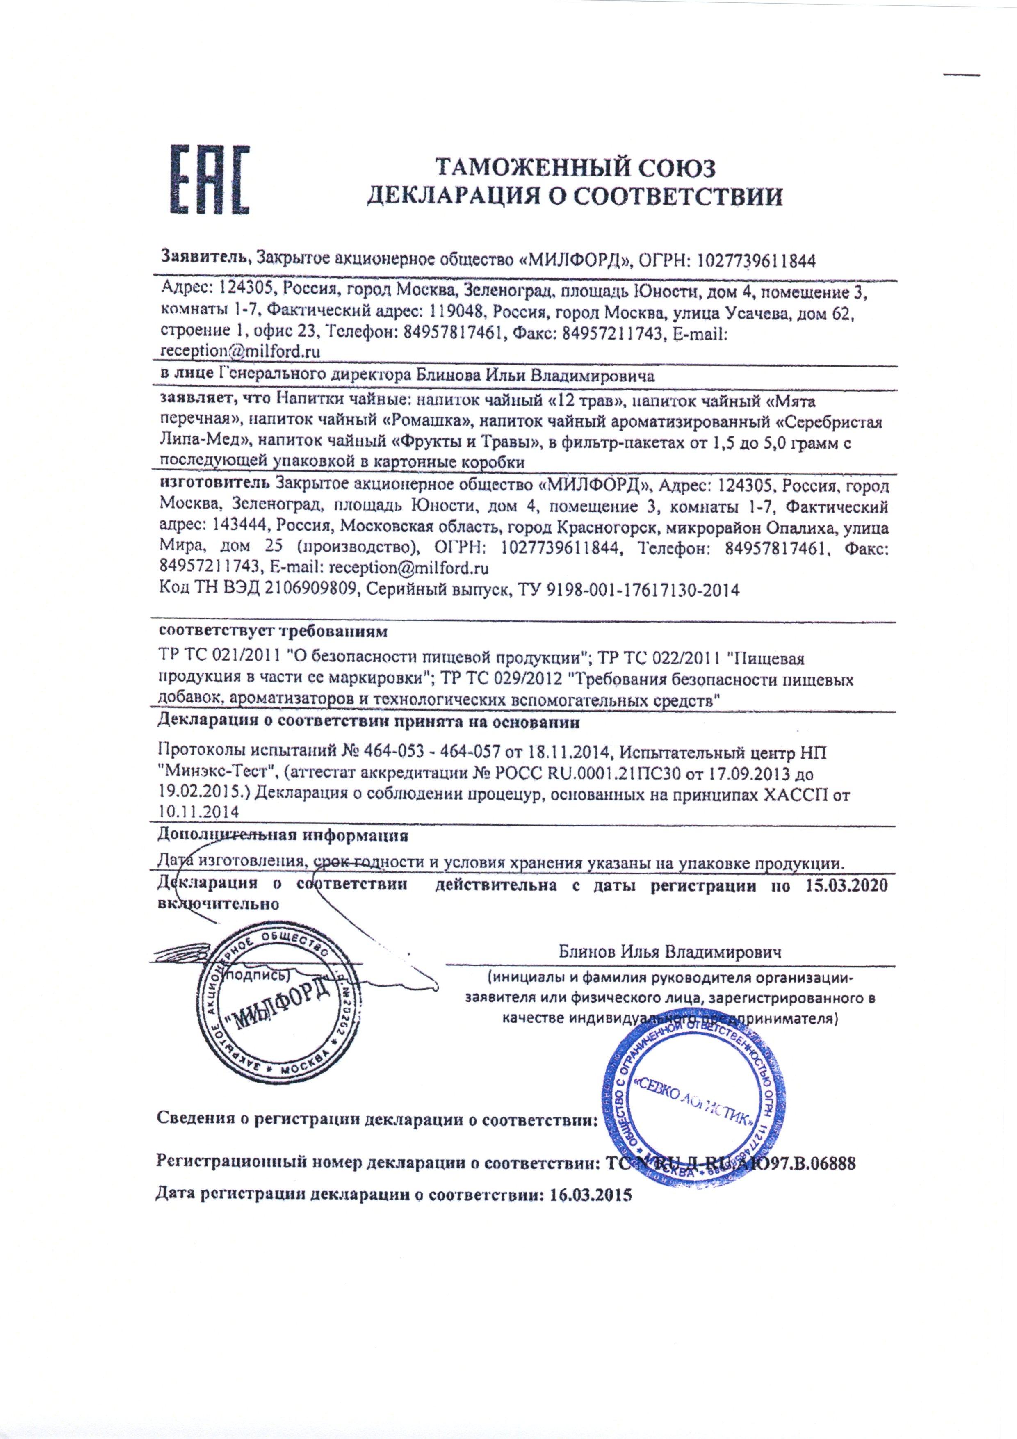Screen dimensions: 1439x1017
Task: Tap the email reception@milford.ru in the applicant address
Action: click(x=241, y=351)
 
